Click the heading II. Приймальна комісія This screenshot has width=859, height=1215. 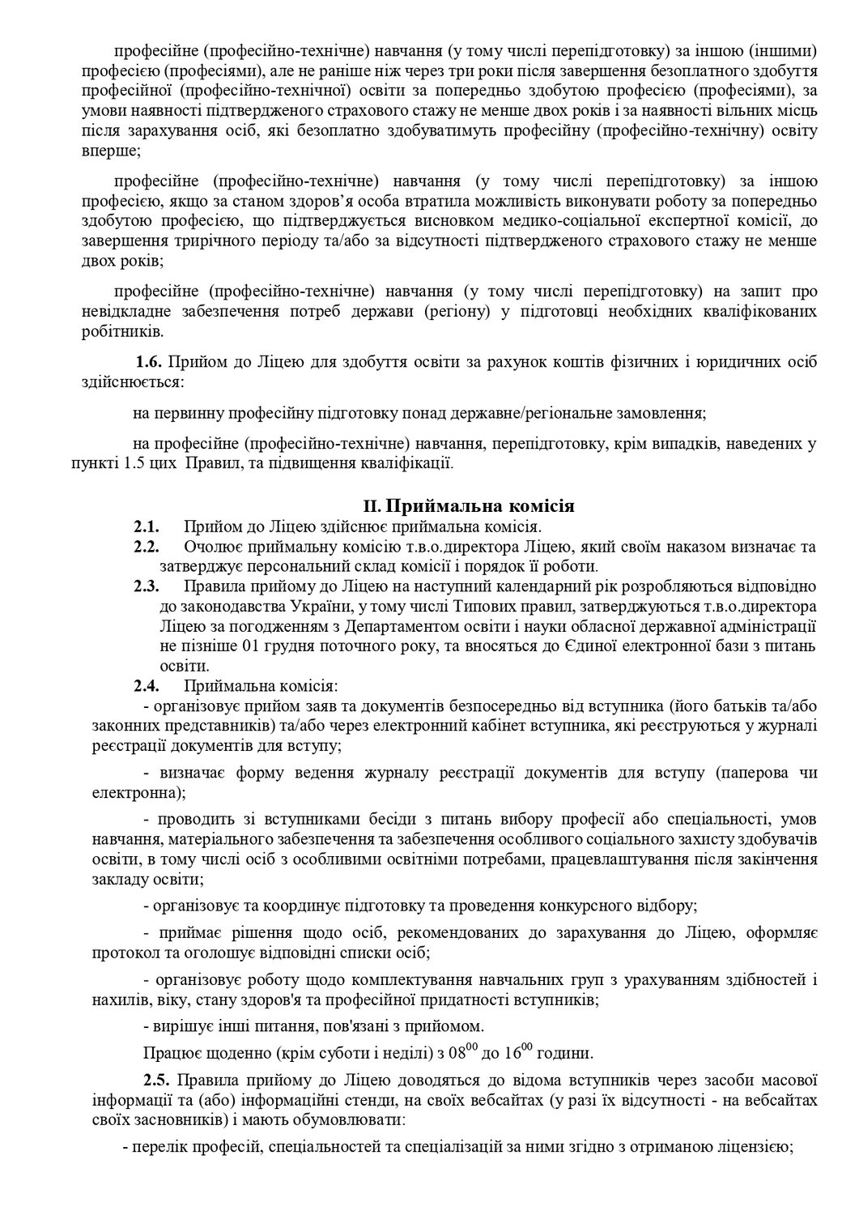[x=469, y=507]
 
